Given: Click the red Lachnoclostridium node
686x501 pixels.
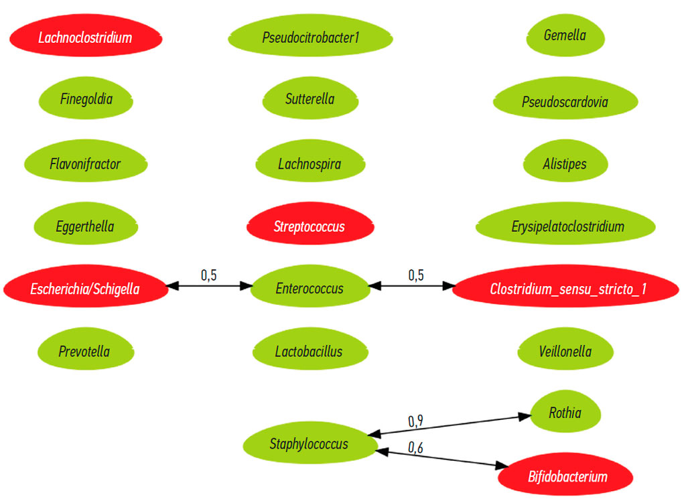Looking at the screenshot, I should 85,38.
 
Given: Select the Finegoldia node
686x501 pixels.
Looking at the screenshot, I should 86,100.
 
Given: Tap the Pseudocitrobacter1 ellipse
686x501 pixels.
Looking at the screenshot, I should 310,38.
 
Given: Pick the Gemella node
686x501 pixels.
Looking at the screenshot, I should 565,35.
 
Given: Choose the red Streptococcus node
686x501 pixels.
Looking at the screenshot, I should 310,226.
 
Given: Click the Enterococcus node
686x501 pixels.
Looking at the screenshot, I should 310,289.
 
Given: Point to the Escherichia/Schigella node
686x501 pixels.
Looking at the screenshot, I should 85,289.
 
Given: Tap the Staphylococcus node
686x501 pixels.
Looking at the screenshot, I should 309,443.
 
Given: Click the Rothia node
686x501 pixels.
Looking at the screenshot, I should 565,413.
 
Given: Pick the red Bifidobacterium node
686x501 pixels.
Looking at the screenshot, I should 567,477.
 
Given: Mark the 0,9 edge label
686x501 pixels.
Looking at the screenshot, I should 416,421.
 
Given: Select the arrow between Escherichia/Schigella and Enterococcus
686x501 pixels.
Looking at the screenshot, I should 208,286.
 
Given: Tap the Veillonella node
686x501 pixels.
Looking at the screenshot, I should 565,350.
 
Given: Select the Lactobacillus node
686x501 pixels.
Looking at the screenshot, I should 309,351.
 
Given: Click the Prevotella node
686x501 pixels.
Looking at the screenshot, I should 84,351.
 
